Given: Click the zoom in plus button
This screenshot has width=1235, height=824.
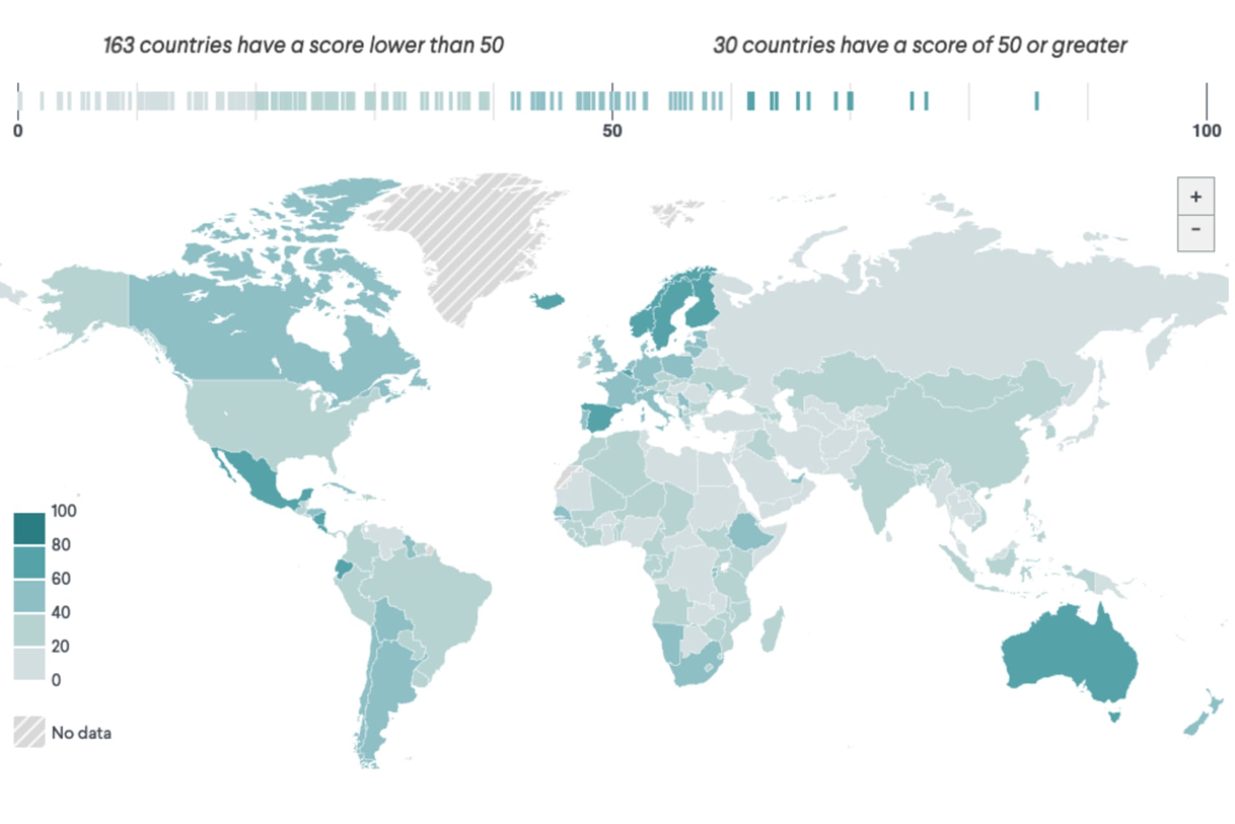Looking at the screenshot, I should pos(1195,196).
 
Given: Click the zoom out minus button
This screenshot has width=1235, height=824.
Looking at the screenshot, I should pos(1195,230).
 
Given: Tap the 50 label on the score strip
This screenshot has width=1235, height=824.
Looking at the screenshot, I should pos(612,131).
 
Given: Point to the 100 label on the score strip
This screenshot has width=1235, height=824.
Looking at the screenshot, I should pos(1206,131).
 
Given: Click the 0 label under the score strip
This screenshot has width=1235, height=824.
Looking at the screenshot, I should pos(18,131).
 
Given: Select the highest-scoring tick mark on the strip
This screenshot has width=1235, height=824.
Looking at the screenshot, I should pos(1036,101).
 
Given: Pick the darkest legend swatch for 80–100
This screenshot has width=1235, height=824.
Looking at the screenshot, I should pos(29,528).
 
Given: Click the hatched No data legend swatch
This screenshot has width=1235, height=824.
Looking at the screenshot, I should pos(29,732).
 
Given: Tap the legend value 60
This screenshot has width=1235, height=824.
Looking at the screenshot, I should pos(61,578).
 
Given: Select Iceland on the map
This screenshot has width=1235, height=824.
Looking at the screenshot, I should pos(547,301).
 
